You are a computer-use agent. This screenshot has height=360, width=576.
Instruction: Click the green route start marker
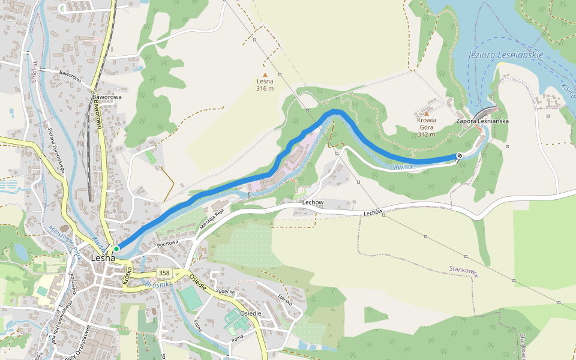(116, 248)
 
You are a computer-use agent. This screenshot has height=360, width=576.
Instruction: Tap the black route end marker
(460, 156)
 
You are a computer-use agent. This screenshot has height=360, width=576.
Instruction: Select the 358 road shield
(164, 273)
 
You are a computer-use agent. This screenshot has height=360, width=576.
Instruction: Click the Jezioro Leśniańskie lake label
(505, 55)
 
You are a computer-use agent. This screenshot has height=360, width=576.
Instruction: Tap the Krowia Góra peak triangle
(427, 113)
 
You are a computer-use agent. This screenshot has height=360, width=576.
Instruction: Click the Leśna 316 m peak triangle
(265, 74)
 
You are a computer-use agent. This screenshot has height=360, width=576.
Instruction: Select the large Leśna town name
(103, 258)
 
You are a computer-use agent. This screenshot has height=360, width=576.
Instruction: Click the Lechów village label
(313, 202)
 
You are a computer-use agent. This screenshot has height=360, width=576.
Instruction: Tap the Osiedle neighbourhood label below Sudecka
(250, 313)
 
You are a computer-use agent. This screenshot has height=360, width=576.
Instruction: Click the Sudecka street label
(225, 292)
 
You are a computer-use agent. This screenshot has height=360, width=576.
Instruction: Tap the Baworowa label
(107, 97)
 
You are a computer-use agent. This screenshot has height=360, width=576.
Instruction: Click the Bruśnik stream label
(159, 284)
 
